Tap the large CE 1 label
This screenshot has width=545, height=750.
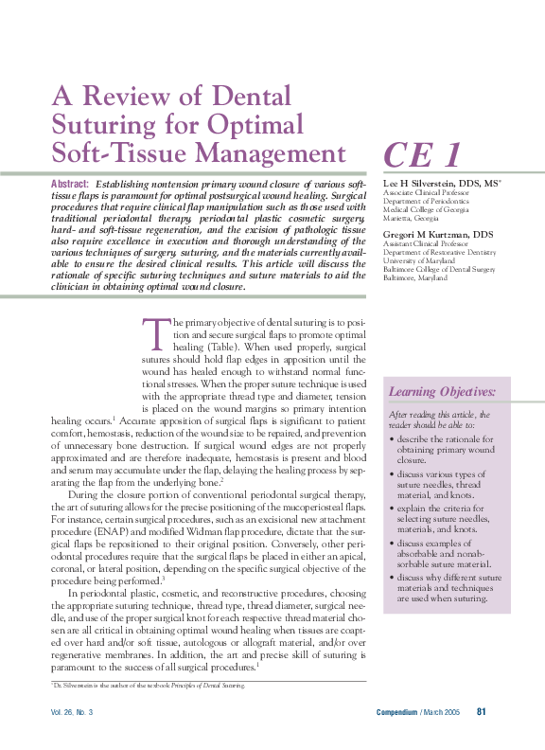(x=422, y=154)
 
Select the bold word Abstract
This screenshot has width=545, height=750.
(x=70, y=184)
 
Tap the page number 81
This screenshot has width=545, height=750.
(x=482, y=712)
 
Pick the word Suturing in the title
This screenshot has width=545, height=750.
(x=94, y=124)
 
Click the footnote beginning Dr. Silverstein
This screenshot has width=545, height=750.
(x=147, y=685)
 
